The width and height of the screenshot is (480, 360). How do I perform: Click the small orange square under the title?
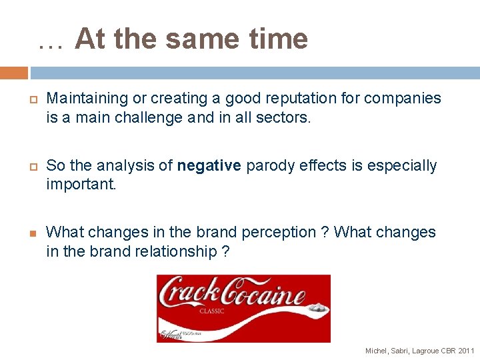tap(14, 73)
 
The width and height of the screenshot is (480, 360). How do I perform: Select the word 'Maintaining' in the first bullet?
tap(87, 99)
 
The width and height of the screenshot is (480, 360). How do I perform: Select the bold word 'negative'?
tap(209, 165)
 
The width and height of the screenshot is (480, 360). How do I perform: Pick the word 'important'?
tap(80, 185)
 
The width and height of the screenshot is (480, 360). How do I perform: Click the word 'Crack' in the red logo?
tap(187, 294)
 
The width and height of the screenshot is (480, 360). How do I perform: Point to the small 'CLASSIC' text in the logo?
tap(212, 311)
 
